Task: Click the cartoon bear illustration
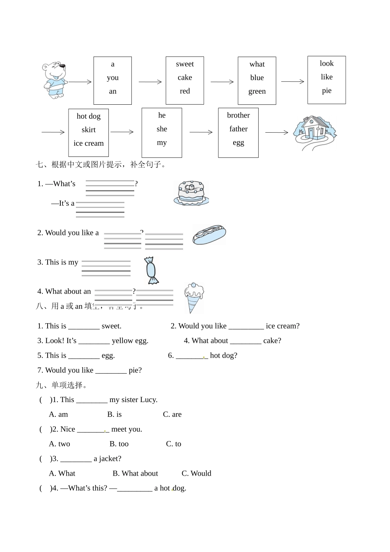pyautogui.click(x=55, y=80)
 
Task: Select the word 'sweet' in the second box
pyautogui.click(x=185, y=64)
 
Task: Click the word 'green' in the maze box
pyautogui.click(x=257, y=91)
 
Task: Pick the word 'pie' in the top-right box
pyautogui.click(x=327, y=91)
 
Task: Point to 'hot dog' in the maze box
pyautogui.click(x=89, y=116)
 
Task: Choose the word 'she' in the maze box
pyautogui.click(x=162, y=129)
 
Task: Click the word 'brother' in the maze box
pyautogui.click(x=238, y=115)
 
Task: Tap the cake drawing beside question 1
pyautogui.click(x=191, y=193)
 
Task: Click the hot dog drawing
pyautogui.click(x=209, y=235)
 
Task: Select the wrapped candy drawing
pyautogui.click(x=152, y=270)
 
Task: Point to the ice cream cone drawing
pyautogui.click(x=194, y=297)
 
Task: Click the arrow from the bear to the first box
pyautogui.click(x=80, y=82)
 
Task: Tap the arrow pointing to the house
pyautogui.click(x=277, y=132)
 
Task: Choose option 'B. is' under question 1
pyautogui.click(x=115, y=414)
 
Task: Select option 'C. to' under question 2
pyautogui.click(x=174, y=444)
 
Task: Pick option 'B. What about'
pyautogui.click(x=135, y=474)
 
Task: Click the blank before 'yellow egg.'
pyautogui.click(x=94, y=341)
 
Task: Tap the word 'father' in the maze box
pyautogui.click(x=238, y=129)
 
